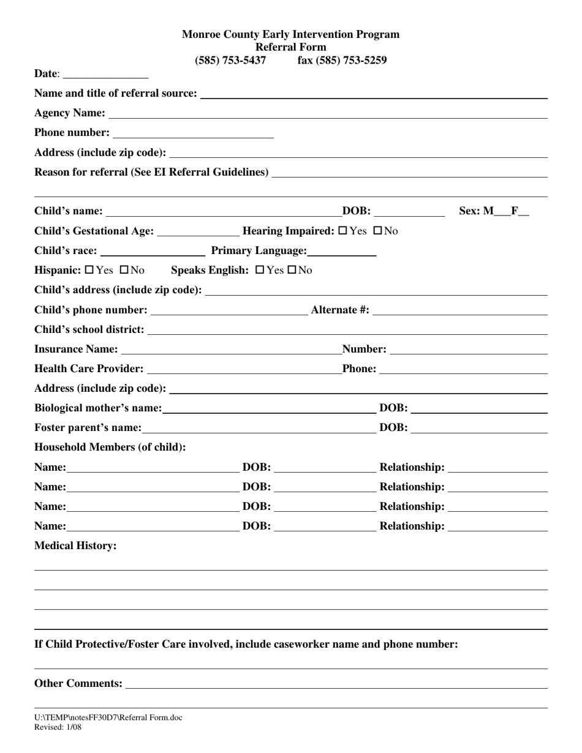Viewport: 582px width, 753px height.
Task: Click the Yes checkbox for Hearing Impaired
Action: tap(342, 231)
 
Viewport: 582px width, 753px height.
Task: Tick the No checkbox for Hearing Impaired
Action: tap(377, 231)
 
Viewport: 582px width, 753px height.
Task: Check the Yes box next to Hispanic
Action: tap(89, 270)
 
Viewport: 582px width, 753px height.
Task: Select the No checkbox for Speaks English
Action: tap(292, 270)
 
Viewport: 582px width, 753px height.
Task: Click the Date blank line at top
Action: tap(105, 75)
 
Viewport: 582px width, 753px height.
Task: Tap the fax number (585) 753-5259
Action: tap(342, 60)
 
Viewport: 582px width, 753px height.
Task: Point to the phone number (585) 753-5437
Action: tap(230, 60)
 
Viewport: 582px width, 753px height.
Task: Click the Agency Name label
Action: tap(70, 113)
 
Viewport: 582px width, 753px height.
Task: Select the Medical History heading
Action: tap(75, 545)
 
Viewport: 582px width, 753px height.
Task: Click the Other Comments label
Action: tap(78, 683)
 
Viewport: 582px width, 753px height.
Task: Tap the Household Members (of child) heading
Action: tap(110, 447)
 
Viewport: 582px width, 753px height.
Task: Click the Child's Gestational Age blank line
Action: tap(198, 231)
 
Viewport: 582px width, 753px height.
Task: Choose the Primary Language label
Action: tap(259, 250)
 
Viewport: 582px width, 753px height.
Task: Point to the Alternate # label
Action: tap(340, 310)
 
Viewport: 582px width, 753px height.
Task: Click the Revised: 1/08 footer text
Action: tap(58, 727)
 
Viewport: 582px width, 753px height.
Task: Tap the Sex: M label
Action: tap(476, 211)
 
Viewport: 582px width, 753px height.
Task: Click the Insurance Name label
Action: tap(76, 349)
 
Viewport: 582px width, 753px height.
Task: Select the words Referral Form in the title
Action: tap(290, 47)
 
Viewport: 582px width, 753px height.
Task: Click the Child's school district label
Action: tap(89, 329)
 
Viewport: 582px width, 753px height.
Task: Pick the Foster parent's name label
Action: tap(88, 427)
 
